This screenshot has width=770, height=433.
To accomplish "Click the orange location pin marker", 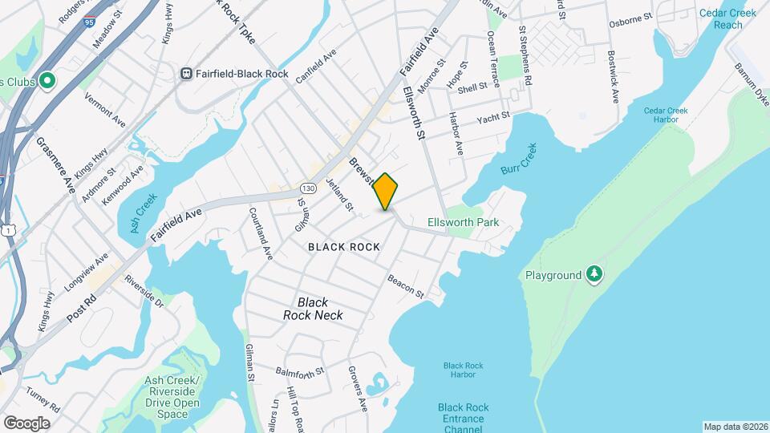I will click(x=386, y=191).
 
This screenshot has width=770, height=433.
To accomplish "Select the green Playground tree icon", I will click(x=594, y=275).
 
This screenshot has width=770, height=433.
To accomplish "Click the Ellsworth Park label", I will click(x=464, y=222).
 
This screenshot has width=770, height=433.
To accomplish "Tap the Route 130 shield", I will click(x=307, y=188).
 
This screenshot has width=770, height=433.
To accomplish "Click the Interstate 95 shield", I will click(x=87, y=24).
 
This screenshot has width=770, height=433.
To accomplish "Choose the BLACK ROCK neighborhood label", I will click(x=344, y=247).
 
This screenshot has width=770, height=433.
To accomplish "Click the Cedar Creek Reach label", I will click(x=721, y=18).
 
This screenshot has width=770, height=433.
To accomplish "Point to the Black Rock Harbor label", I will click(x=464, y=370).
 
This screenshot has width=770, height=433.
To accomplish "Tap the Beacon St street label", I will click(x=405, y=286).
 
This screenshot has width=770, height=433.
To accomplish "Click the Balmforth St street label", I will click(x=298, y=372).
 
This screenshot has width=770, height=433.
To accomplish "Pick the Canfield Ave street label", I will click(x=315, y=67).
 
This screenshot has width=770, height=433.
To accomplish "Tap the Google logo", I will click(x=26, y=423).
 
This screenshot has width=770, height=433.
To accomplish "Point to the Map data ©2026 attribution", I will click(x=736, y=427).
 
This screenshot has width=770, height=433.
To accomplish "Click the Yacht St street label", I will click(x=493, y=118).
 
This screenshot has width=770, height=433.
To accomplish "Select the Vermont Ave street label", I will click(x=105, y=111).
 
